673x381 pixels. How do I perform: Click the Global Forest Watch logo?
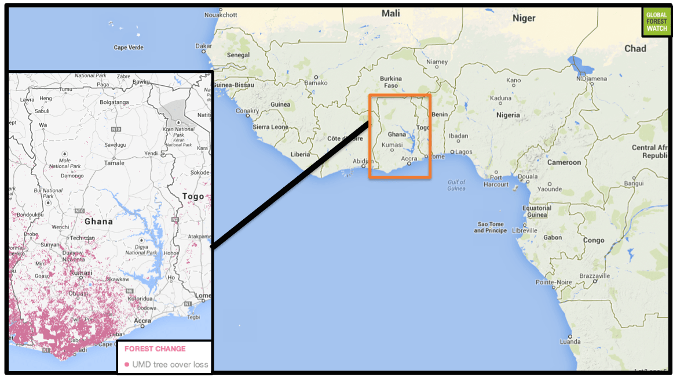coord(656,21)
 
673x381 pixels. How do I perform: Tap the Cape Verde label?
coord(128,48)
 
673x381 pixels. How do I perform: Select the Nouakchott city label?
coord(221,15)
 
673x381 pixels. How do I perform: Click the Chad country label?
coord(635,49)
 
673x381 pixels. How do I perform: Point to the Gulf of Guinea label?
coord(456,186)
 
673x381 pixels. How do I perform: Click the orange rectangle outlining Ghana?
coord(400,95)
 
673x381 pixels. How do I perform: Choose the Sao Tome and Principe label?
coord(489,227)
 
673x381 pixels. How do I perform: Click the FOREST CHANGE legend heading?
coord(155,349)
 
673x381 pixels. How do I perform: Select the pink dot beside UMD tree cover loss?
coord(127,365)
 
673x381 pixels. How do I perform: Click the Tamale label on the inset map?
coord(114,163)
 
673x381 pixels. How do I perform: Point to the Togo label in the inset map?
coord(193,196)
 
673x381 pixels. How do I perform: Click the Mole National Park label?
coord(65,163)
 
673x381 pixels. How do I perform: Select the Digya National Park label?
coord(141,249)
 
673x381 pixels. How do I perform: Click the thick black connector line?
coord(290,185)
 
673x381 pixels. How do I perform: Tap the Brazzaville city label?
coord(591,276)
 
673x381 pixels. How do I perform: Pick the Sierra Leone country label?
coord(270,127)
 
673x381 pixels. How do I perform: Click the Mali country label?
coord(390,13)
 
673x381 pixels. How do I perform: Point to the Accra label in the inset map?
coord(142,321)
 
